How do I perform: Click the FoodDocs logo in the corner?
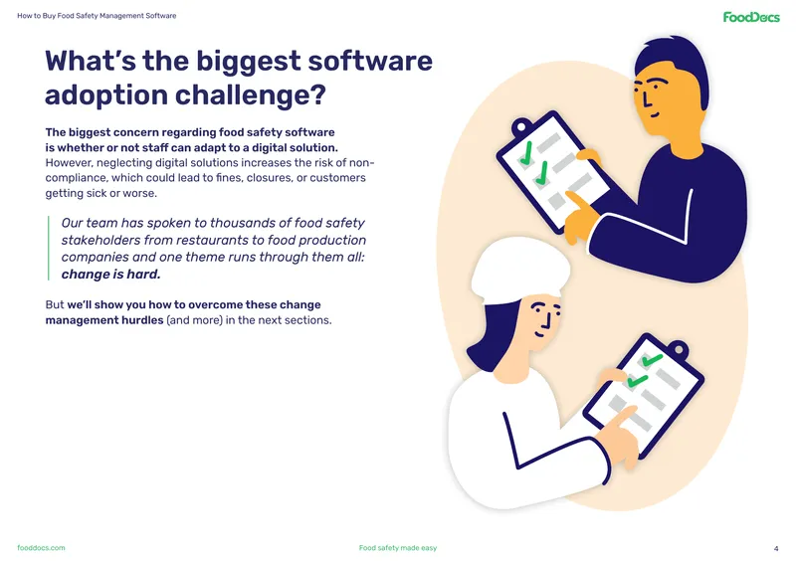tap(751, 17)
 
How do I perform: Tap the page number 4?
tap(776, 548)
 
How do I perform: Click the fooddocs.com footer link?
tap(41, 548)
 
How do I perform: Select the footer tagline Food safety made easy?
tap(398, 548)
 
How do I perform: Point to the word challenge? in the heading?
tap(251, 94)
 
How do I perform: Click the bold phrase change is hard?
tap(110, 275)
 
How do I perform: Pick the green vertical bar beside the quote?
tap(49, 249)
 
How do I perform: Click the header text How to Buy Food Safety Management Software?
tap(97, 16)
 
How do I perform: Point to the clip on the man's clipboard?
tap(520, 126)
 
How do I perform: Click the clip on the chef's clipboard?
tap(679, 349)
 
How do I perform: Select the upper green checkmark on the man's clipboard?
tap(526, 153)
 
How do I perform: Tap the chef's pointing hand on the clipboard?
tap(619, 434)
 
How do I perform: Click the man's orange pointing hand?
tap(581, 216)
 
